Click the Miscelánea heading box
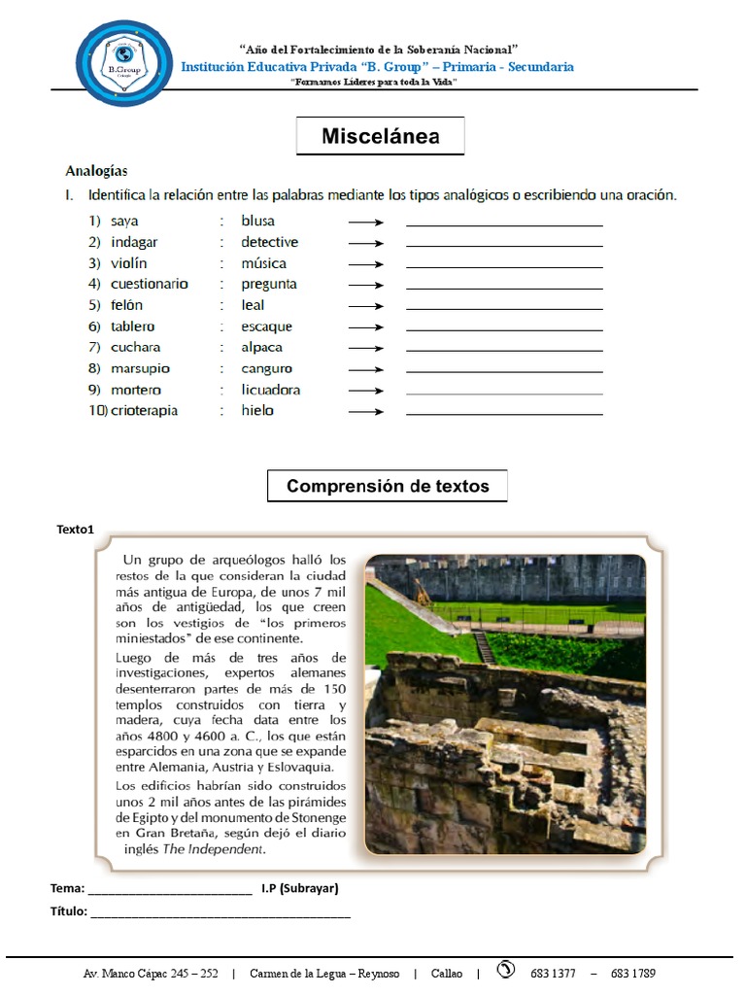(380, 136)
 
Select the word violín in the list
(130, 263)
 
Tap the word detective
(269, 242)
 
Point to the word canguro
(266, 368)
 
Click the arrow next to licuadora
(366, 391)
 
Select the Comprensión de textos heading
(387, 486)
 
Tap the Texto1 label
(76, 530)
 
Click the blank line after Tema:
(170, 890)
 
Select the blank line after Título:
(220, 913)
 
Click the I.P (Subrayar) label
(299, 888)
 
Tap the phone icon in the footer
(505, 971)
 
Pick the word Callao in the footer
(447, 973)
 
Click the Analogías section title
(96, 171)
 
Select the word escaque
(266, 326)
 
